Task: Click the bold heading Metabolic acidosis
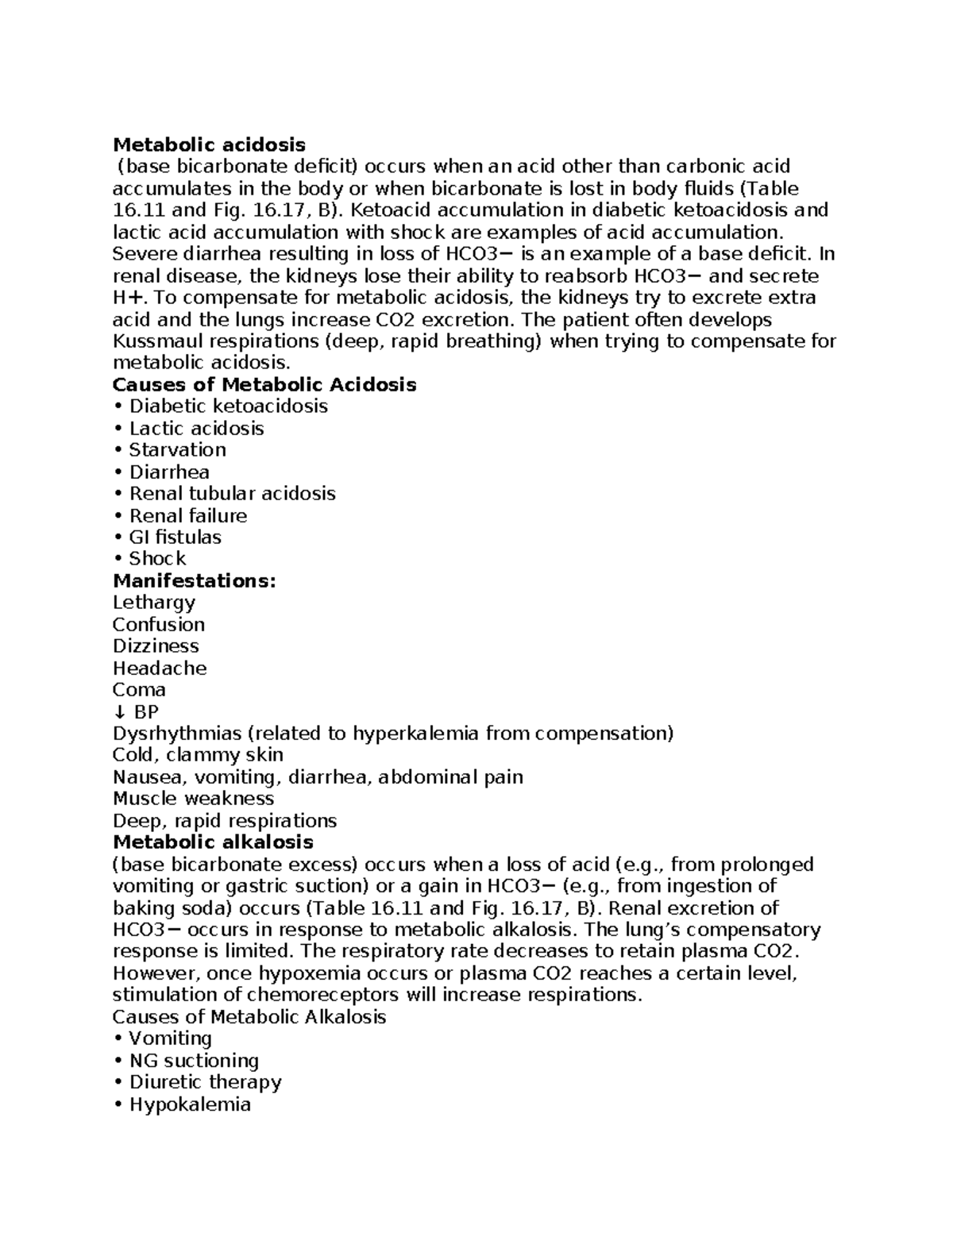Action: click(209, 144)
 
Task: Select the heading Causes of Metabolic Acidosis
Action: click(264, 385)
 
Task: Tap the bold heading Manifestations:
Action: click(195, 581)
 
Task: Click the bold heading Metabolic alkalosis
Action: click(213, 842)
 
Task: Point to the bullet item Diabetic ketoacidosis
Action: click(228, 407)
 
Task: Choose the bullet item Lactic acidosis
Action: click(196, 429)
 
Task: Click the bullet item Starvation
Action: click(177, 450)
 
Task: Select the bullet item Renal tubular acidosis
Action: click(232, 494)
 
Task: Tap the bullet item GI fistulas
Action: click(175, 538)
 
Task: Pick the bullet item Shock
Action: click(157, 559)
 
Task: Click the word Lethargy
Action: click(154, 603)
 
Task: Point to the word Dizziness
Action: click(156, 646)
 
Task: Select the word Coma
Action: click(139, 690)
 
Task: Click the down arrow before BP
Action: click(118, 712)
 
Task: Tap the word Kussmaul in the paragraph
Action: click(156, 341)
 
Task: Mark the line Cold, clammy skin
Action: click(198, 755)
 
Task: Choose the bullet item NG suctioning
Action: click(194, 1061)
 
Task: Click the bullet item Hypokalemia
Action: click(190, 1104)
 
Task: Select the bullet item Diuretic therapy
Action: click(205, 1082)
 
